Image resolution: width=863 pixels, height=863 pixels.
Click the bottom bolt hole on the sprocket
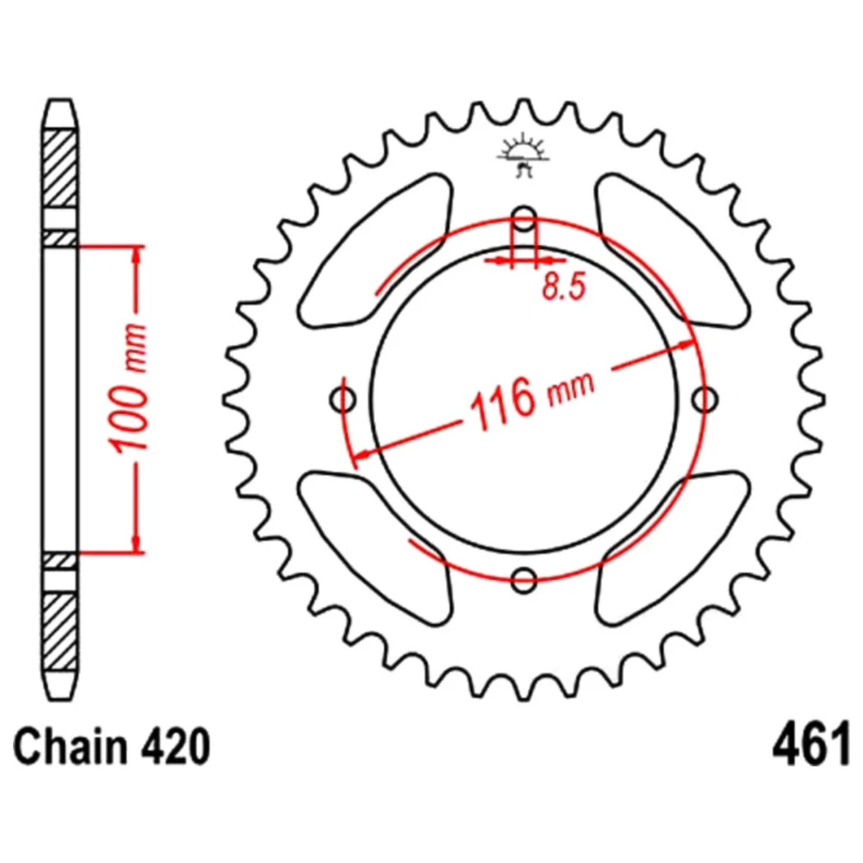524,579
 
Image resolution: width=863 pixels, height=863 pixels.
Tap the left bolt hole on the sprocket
343,399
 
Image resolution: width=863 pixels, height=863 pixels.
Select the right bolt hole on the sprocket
704,399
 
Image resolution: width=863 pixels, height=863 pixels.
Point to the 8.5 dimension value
564,287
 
